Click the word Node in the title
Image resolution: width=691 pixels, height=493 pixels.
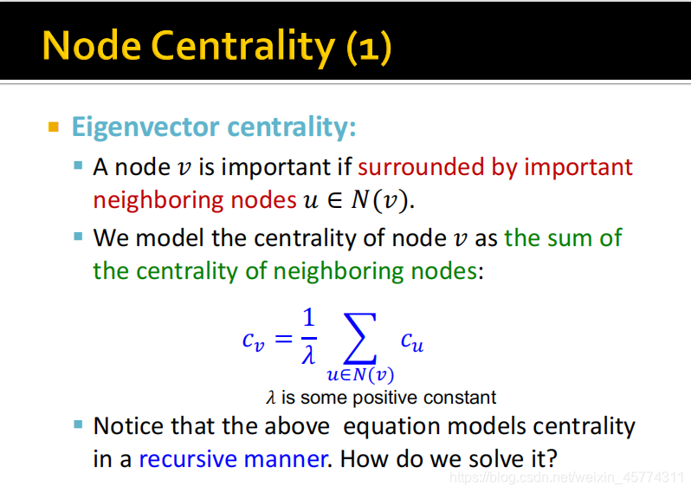tap(92, 45)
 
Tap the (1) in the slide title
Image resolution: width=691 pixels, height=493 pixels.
tap(369, 47)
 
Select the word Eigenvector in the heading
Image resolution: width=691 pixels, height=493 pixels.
tap(145, 128)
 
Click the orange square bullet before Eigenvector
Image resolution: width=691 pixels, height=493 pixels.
tap(54, 127)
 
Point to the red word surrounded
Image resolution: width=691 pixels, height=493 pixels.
tap(421, 167)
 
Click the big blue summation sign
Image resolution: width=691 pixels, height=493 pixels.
tap(360, 338)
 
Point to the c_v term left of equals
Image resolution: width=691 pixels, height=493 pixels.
tap(254, 341)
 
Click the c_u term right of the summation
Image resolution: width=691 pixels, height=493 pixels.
tap(412, 341)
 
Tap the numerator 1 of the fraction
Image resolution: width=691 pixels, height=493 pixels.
tap(308, 317)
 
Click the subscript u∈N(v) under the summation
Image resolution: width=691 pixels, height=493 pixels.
tap(360, 375)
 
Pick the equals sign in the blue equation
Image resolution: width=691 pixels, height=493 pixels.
tap(283, 339)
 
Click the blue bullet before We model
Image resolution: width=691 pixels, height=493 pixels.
tap(79, 237)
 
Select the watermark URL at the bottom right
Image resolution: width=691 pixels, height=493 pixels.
tap(566, 477)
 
